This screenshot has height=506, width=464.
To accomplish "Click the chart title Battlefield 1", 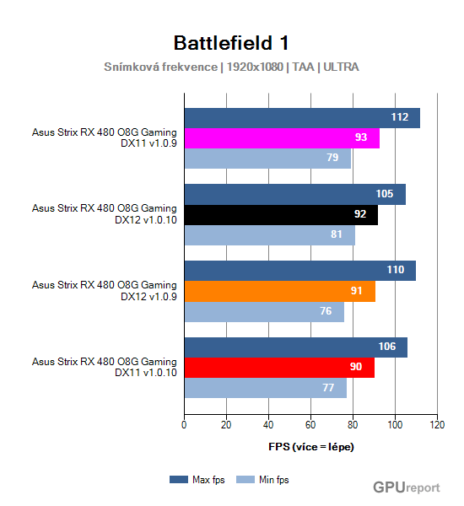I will [x=232, y=43].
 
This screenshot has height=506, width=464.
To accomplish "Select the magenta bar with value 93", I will [x=281, y=137].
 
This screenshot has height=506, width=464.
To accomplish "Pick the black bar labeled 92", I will [x=280, y=214].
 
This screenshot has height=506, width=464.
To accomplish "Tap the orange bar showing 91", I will [x=279, y=291].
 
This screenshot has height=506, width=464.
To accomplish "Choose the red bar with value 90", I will [x=278, y=368].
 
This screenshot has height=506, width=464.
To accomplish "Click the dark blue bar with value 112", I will [x=301, y=117].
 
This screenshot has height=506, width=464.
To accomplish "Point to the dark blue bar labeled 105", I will [x=294, y=194].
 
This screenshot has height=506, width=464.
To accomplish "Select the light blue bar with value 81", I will [x=269, y=234].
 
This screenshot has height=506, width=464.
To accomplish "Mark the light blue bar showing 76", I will [x=264, y=311].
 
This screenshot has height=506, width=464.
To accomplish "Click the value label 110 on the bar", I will [x=395, y=271].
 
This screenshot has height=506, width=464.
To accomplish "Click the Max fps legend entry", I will [x=199, y=479].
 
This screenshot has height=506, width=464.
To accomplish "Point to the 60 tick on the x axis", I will [x=310, y=425].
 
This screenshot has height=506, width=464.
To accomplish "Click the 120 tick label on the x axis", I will [x=437, y=425].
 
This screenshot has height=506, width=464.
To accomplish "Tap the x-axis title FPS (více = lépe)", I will [x=310, y=446].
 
